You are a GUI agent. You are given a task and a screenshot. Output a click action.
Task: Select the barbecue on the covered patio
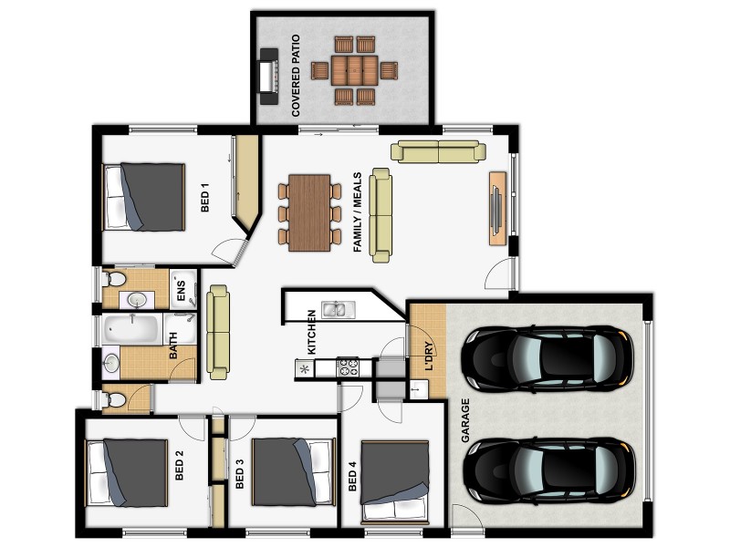[267, 71]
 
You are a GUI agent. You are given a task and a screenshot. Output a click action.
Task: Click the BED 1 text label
[205, 197]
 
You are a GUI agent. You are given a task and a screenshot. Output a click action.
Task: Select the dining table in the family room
[310, 212]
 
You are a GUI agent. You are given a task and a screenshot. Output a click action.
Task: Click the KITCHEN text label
[311, 336]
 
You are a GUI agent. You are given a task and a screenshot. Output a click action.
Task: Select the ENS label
[181, 291]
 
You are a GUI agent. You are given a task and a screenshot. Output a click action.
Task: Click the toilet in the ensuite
[116, 278]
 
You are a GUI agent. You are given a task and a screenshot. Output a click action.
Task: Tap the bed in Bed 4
[394, 472]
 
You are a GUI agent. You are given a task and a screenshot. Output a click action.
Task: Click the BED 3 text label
[239, 474]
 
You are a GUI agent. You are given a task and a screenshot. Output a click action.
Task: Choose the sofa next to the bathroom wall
[218, 332]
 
